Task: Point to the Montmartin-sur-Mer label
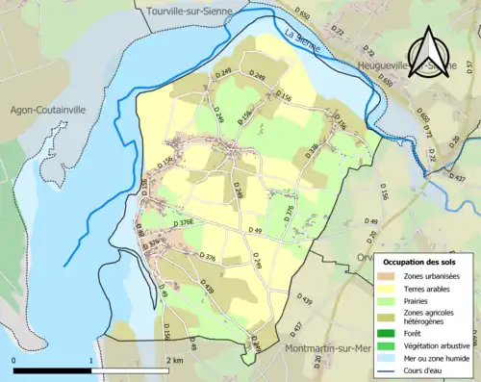pos(330,347)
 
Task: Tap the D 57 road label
pos(458,147)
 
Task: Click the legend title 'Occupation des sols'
pos(420,262)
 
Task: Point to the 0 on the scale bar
pos(13,360)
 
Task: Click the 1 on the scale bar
pos(91,360)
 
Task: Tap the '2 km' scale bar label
pos(174,360)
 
